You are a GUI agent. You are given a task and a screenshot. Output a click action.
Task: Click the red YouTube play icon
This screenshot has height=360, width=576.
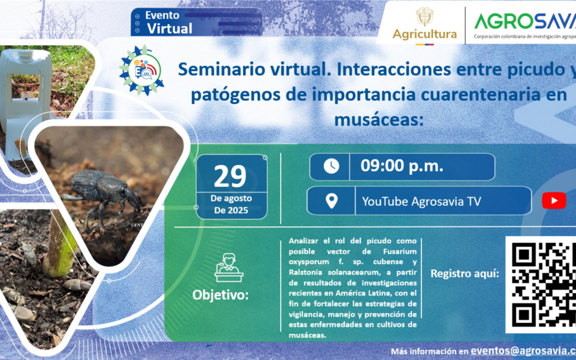(x=554, y=201)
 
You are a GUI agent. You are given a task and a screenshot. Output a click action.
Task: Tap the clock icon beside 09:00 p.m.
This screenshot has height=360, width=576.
(x=331, y=166)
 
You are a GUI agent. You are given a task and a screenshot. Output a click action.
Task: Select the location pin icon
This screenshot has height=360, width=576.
(x=331, y=201)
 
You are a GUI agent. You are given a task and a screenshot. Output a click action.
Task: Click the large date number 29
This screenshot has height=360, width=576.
(x=230, y=177)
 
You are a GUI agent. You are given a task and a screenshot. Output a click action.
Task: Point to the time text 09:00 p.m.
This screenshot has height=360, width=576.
(x=402, y=166)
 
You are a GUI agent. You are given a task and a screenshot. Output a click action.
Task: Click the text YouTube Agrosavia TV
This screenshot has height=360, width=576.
(x=421, y=201)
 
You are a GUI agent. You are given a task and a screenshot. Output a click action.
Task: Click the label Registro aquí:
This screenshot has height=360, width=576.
(x=465, y=274)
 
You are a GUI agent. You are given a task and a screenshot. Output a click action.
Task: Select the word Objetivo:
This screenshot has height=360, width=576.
(x=220, y=295)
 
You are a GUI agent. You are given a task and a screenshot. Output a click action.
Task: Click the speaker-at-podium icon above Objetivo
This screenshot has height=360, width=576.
(x=229, y=267)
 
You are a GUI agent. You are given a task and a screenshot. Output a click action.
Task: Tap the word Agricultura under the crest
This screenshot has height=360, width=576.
(x=425, y=34)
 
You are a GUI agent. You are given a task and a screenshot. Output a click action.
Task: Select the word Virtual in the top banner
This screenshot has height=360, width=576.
(x=170, y=28)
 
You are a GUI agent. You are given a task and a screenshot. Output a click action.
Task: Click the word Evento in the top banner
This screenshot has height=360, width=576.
(x=162, y=15)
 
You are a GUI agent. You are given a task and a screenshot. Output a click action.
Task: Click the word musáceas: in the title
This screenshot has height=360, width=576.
(x=378, y=118)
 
